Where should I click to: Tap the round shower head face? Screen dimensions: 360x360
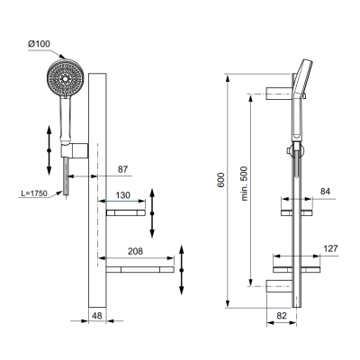tap(63, 77)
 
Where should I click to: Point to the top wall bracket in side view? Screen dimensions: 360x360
tap(274, 93)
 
